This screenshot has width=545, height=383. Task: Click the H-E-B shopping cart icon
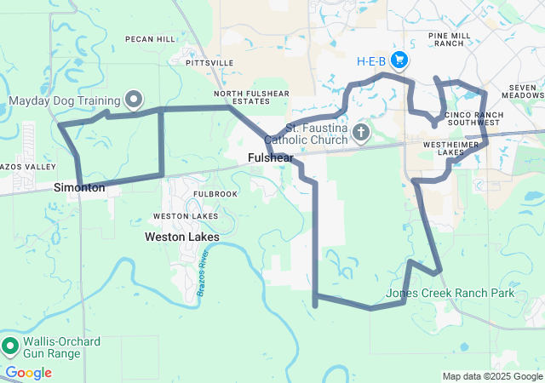(x=399, y=60)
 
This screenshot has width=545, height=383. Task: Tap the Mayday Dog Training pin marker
(x=134, y=100)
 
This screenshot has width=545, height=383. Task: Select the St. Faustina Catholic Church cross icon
(x=360, y=133)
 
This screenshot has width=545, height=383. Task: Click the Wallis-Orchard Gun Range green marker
(x=10, y=346)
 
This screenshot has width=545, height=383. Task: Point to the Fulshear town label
(x=271, y=158)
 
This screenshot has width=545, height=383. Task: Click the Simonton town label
(x=79, y=187)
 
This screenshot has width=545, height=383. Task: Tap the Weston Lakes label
(x=181, y=237)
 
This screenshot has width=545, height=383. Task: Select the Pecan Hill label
(x=149, y=39)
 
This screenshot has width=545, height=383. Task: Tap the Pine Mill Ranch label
(x=450, y=39)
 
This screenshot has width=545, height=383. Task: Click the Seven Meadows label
(x=521, y=91)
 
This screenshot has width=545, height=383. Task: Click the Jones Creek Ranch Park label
(x=450, y=293)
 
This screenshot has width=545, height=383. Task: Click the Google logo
(x=28, y=373)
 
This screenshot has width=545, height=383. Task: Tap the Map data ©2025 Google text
(x=491, y=376)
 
